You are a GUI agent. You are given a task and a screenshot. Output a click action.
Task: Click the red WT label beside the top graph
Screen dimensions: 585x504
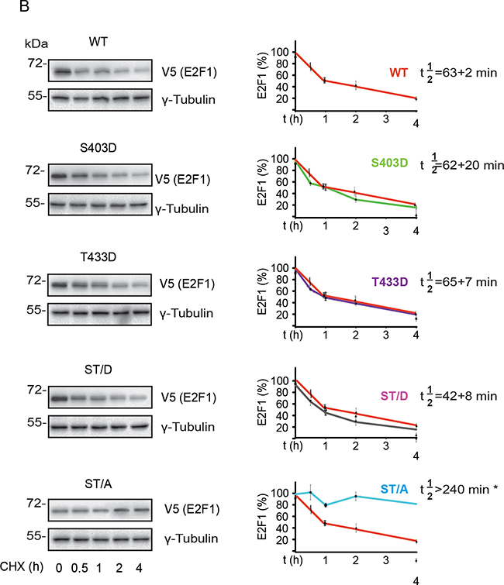coord(399,74)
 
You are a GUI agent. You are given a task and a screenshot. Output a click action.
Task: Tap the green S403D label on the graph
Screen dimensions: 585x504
coord(392,186)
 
